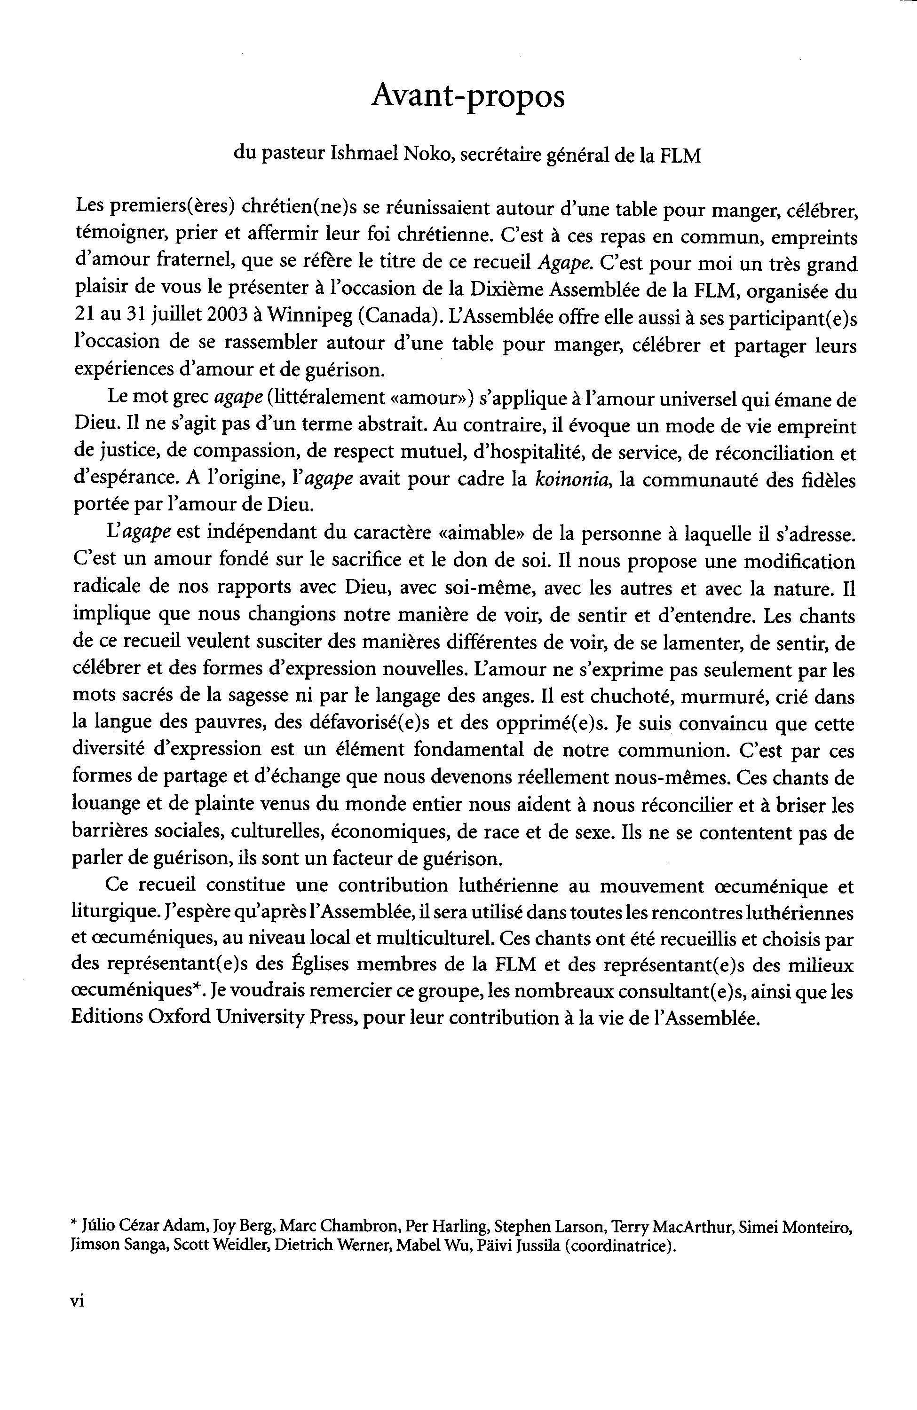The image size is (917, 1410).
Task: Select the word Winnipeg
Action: [308, 316]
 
